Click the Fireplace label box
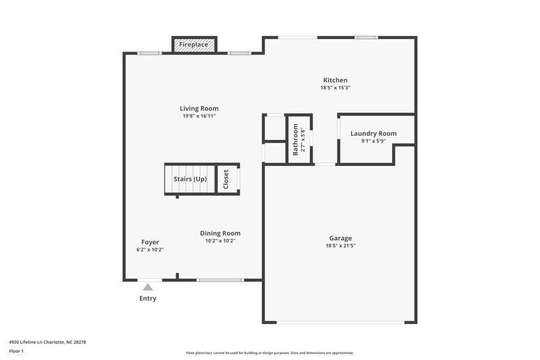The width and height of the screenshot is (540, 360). click(x=195, y=45)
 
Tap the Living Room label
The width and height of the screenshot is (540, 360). click(x=199, y=108)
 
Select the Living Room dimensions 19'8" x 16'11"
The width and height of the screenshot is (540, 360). click(x=199, y=116)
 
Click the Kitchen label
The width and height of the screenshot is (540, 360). click(x=335, y=80)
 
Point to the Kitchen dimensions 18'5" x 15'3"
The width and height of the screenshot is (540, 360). click(x=335, y=88)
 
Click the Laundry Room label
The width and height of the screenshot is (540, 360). click(x=373, y=134)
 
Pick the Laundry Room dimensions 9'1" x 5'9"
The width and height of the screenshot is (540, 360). click(x=373, y=141)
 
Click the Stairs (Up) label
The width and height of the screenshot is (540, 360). click(x=190, y=179)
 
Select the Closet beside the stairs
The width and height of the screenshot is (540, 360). click(x=226, y=179)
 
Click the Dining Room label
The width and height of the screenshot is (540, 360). click(x=220, y=233)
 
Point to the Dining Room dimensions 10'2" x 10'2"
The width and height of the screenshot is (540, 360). click(x=220, y=241)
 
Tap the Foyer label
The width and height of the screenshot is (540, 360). click(x=150, y=242)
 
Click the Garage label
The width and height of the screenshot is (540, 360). click(x=340, y=238)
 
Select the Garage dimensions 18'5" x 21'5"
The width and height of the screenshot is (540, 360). click(x=340, y=246)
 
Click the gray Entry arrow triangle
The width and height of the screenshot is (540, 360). click(x=148, y=287)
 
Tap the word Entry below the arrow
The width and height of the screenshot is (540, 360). click(x=148, y=299)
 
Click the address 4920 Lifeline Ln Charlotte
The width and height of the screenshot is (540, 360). click(x=47, y=342)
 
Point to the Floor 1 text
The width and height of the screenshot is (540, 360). click(x=16, y=352)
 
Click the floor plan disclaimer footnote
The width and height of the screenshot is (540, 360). click(x=270, y=353)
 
